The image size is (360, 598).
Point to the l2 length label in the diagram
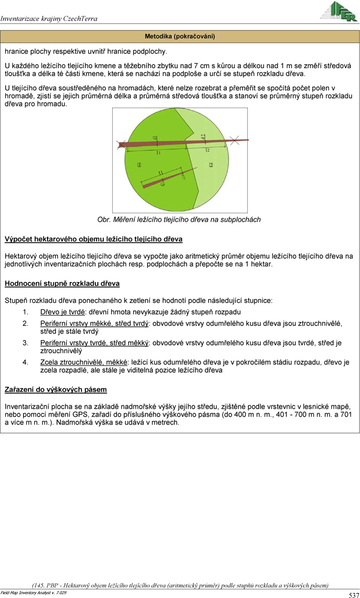(208, 149)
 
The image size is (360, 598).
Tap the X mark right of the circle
(236, 141)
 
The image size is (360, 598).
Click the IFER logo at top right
(339, 11)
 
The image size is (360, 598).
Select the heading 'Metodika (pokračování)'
(180, 37)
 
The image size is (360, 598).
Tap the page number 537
(354, 595)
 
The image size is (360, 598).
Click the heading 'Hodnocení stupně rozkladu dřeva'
(62, 283)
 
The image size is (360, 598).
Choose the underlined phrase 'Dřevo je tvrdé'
(62, 312)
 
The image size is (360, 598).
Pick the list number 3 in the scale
(25, 343)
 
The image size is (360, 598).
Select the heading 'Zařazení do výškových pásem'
(55, 390)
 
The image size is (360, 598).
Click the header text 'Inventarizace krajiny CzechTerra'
(49, 18)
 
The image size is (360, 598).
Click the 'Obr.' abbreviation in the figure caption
(103, 220)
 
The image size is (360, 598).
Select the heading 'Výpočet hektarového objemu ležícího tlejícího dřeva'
(93, 239)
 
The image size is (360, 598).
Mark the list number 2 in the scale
(25, 324)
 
